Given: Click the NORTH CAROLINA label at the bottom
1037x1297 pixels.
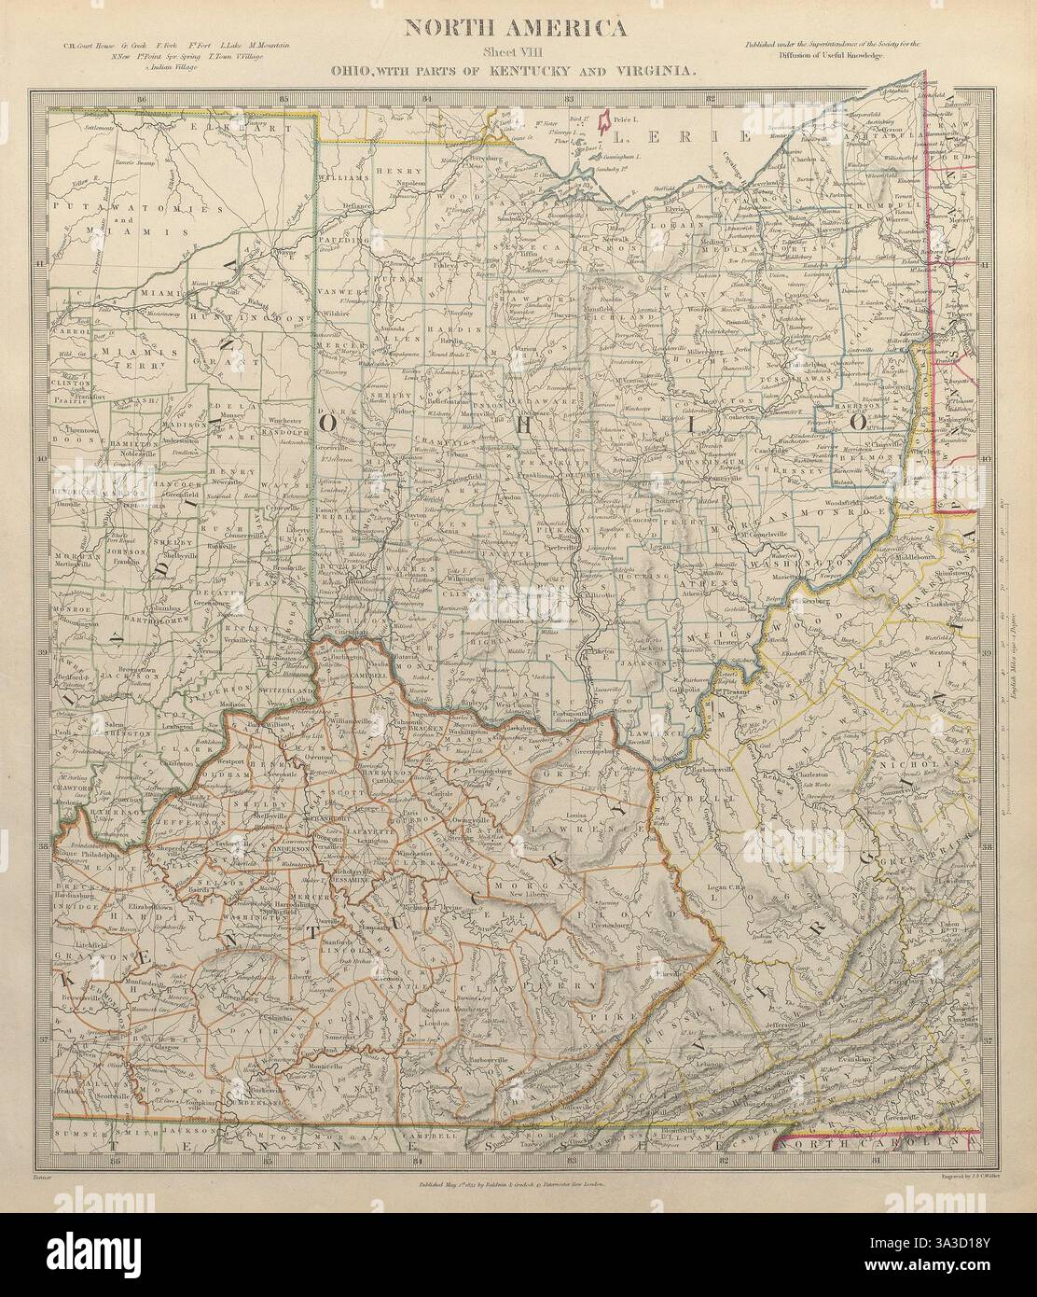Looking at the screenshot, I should click(880, 1141).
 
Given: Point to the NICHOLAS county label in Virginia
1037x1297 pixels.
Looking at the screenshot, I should click(900, 761).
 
